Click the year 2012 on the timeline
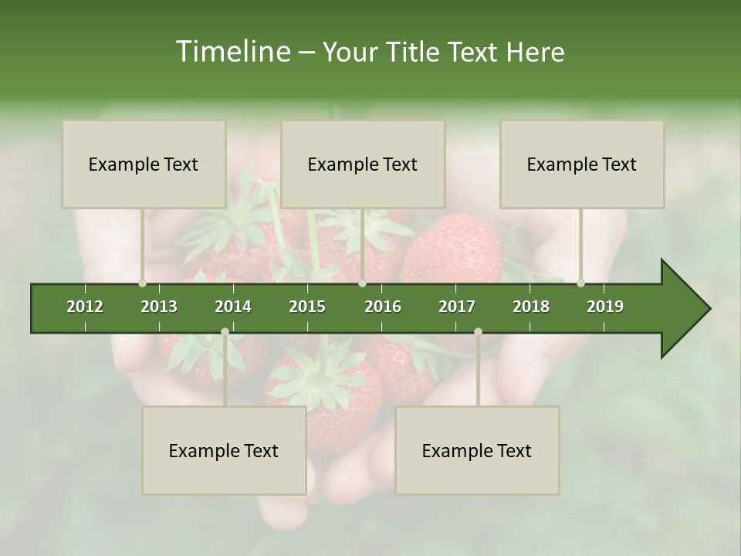point(85,307)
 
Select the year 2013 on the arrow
point(159,307)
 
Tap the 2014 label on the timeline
point(233,307)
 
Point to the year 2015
point(307,307)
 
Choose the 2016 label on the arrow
point(383,307)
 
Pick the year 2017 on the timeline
point(457,307)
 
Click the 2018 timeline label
point(531,307)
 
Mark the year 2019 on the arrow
point(605,307)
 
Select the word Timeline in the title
point(232,52)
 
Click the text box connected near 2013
point(144,164)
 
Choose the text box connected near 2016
point(363,164)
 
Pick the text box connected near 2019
point(582,164)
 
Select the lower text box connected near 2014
point(224,451)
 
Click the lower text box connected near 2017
point(477,451)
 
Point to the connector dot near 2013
point(142,283)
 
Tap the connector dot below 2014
point(225,332)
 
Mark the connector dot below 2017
point(478,332)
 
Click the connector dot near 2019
point(581,283)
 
